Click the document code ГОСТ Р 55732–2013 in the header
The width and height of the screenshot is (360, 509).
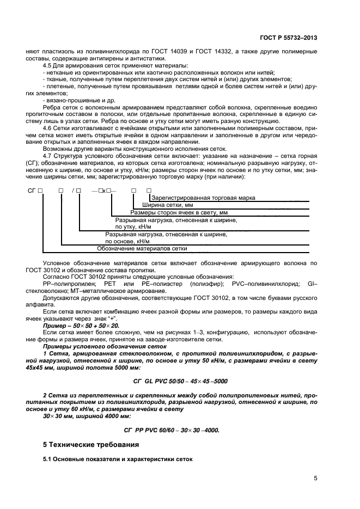point(288,38)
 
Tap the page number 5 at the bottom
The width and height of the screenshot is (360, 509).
point(315,479)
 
